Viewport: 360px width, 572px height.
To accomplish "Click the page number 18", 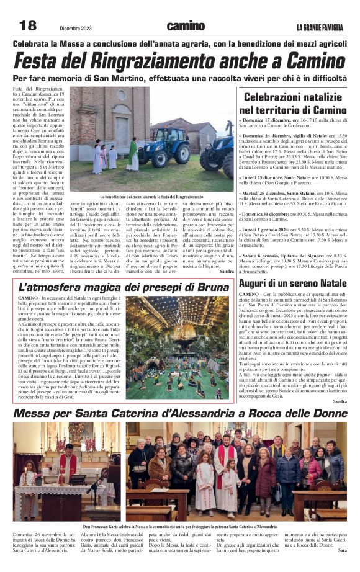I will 29,25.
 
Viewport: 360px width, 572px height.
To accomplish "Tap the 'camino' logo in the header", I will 185,25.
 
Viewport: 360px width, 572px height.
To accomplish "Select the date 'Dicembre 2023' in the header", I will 76,27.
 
